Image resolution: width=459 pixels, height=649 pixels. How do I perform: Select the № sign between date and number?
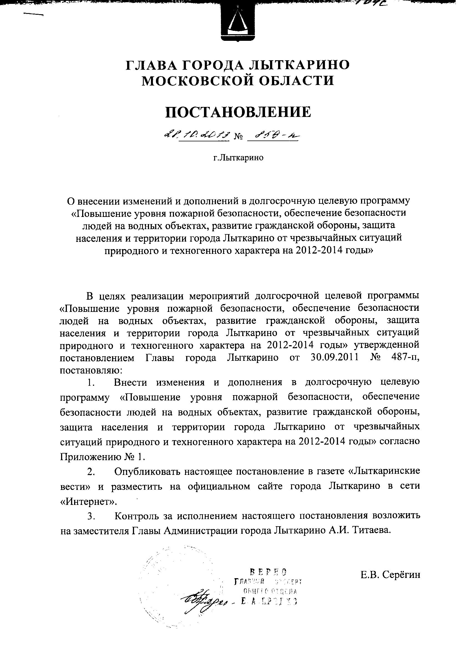[239, 138]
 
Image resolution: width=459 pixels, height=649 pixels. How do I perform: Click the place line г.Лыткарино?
[238, 157]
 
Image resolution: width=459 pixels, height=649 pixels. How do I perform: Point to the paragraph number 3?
[91, 516]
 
